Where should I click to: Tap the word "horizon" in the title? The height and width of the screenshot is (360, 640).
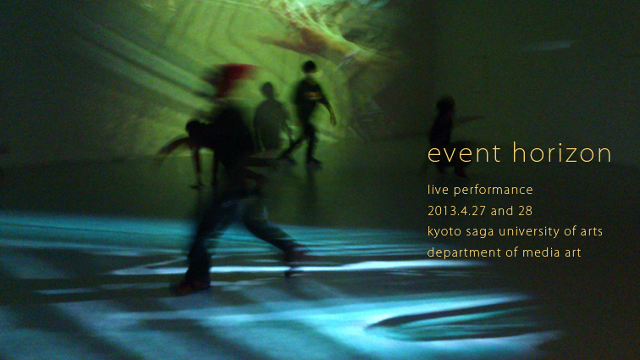pyautogui.click(x=562, y=152)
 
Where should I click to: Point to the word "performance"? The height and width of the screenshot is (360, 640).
pyautogui.click(x=493, y=191)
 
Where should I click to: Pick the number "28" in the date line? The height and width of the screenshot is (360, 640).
pyautogui.click(x=526, y=211)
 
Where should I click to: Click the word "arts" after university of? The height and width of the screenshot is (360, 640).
pyautogui.click(x=592, y=232)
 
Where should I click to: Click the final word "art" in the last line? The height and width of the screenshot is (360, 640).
pyautogui.click(x=573, y=252)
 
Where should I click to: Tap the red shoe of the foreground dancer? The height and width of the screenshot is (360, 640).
pyautogui.click(x=189, y=288)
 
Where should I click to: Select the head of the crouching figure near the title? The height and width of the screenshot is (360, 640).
pyautogui.click(x=445, y=104)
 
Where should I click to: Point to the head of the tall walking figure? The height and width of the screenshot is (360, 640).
pyautogui.click(x=309, y=67)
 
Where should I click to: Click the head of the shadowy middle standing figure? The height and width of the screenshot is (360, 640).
pyautogui.click(x=268, y=91)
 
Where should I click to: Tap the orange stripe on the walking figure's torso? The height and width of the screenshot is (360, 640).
pyautogui.click(x=312, y=95)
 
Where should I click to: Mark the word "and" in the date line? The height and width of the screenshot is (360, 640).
pyautogui.click(x=502, y=211)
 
